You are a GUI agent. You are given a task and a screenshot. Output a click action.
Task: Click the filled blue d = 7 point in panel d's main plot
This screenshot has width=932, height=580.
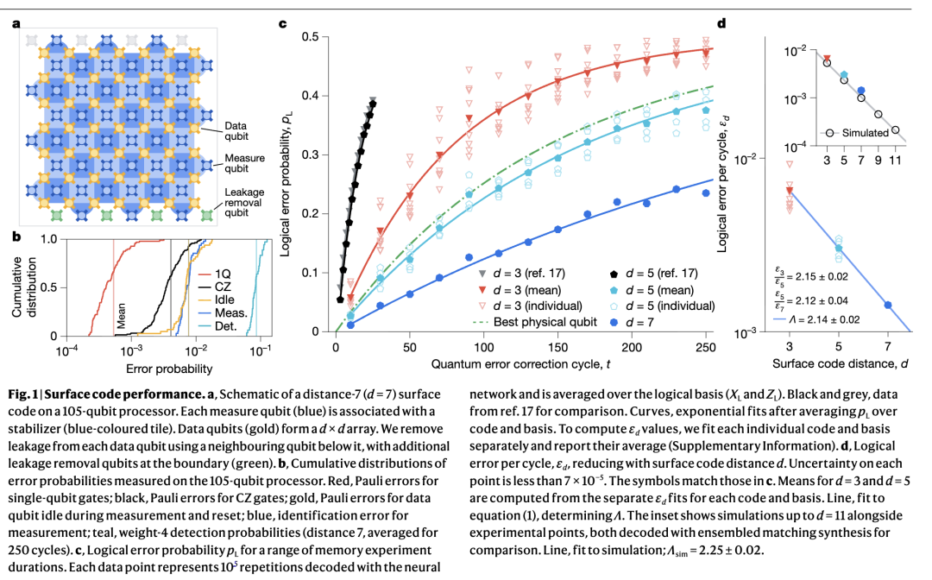(887, 305)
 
